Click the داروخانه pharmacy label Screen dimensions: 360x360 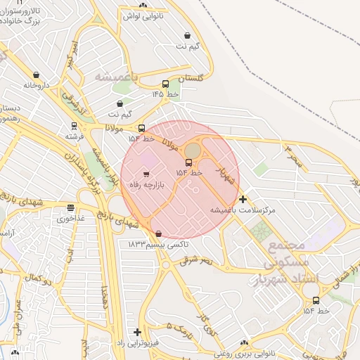38,85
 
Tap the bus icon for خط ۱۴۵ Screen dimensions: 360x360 165,84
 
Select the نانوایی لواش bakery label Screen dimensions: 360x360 143,15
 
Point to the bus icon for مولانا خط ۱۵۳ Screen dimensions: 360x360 142,129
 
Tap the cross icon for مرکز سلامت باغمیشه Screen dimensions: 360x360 243,200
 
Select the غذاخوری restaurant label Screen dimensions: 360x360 70,219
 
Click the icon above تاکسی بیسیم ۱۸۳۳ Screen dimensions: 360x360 157,233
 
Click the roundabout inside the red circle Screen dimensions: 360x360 192,150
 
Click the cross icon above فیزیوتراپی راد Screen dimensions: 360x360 137,332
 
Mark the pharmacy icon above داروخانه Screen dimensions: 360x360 36,75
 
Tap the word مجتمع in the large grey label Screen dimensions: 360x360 286,247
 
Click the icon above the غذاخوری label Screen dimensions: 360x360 70,208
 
